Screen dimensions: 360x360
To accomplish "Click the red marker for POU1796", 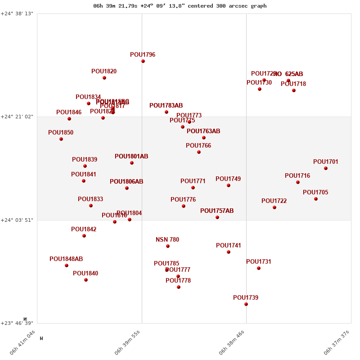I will (143, 61).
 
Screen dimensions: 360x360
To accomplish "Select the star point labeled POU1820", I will (104, 78).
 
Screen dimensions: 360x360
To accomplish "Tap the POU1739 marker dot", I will (246, 304).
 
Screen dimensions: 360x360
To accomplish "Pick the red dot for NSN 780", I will (168, 246).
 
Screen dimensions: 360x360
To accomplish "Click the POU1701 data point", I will (326, 168).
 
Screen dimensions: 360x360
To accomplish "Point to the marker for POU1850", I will (61, 139).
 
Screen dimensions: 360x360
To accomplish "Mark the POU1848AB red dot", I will (67, 265).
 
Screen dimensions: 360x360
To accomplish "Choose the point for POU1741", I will (229, 252).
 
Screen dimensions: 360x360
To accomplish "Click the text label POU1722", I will (274, 201).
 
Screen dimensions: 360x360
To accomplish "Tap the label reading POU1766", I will (198, 146).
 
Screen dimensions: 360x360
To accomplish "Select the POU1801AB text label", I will (131, 157).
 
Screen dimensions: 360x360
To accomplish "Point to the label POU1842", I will (84, 229).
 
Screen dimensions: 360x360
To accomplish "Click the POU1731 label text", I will (259, 262).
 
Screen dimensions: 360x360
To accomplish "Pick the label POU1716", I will (297, 176).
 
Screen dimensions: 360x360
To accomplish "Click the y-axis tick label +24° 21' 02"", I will (17, 117).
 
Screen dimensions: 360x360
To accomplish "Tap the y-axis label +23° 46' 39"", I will (17, 323).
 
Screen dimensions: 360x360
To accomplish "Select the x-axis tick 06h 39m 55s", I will (128, 343).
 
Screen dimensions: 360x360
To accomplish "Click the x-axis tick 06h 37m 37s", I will (337, 343).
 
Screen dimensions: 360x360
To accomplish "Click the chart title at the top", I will (180, 6).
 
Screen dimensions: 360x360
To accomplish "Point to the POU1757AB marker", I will (217, 217).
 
